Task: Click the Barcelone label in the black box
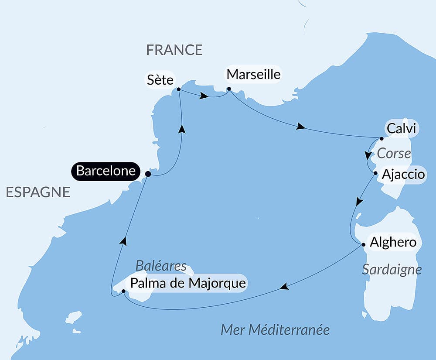(x=106, y=171)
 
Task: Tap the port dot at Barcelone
(x=148, y=174)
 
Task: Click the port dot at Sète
(x=179, y=89)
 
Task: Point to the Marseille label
(x=253, y=74)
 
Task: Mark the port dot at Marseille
(x=229, y=89)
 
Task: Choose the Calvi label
(x=401, y=129)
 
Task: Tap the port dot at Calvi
(x=381, y=139)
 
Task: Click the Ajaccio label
(x=403, y=175)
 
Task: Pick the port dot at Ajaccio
(x=375, y=173)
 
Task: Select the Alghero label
(x=393, y=242)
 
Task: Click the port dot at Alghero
(x=364, y=244)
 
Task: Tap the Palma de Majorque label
(x=188, y=284)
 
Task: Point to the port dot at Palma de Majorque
(x=123, y=291)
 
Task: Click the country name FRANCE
(x=174, y=50)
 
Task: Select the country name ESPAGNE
(x=38, y=192)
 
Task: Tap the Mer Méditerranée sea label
(x=275, y=329)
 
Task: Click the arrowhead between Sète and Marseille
(x=203, y=96)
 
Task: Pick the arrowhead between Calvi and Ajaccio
(x=369, y=155)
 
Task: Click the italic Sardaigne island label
(x=392, y=270)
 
